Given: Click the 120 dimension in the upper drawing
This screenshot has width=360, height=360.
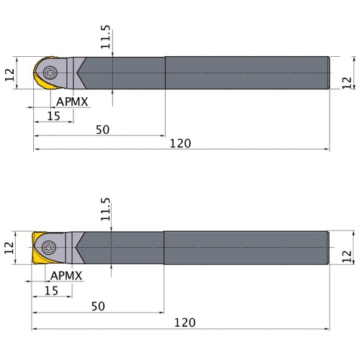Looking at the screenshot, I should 181,143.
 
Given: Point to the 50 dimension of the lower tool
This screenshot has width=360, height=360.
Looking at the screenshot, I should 99,306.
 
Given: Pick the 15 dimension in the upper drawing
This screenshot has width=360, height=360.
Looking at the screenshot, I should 53,115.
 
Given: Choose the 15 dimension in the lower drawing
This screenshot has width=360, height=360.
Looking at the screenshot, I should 51,290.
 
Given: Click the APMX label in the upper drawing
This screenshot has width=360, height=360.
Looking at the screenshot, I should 72,102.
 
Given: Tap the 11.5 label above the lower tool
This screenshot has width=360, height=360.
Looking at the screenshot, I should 106,210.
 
